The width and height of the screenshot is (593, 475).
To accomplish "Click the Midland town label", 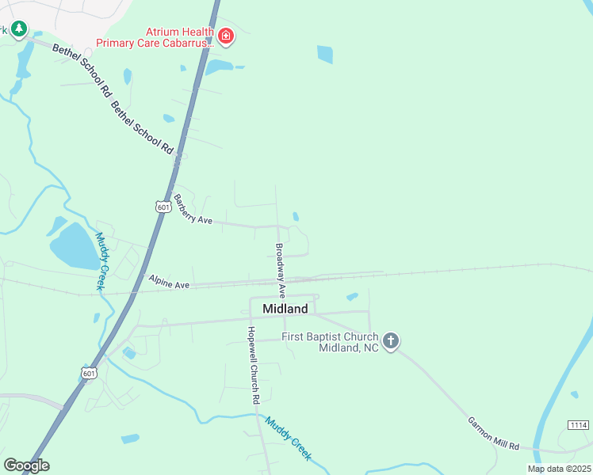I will click(x=285, y=308).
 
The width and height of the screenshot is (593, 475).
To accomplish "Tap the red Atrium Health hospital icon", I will click(x=226, y=36).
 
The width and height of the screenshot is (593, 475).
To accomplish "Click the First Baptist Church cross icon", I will click(x=390, y=341).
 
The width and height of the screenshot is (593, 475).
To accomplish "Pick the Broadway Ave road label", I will click(x=280, y=270).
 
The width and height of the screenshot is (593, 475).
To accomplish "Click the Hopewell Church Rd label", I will click(x=252, y=367).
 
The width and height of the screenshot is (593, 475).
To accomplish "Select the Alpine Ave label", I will click(x=169, y=283).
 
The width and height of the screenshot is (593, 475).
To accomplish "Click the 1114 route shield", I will click(x=578, y=425).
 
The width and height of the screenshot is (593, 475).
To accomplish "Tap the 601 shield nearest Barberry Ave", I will click(x=163, y=207).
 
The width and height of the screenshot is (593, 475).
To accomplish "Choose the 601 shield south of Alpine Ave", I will click(x=90, y=373).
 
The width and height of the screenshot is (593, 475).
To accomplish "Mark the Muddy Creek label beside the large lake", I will click(x=101, y=261).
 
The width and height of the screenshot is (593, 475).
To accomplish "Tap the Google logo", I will click(x=25, y=465).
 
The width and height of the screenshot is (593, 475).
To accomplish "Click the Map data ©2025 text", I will click(x=558, y=469).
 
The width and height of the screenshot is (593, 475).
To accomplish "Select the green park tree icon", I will click(x=18, y=30).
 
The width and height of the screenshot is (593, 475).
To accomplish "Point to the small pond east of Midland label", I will click(x=352, y=297).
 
